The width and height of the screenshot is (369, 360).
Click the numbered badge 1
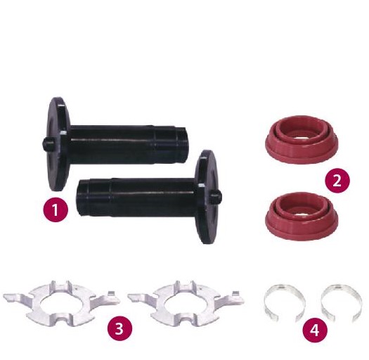click(56, 210)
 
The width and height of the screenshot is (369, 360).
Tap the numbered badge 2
click(337, 181)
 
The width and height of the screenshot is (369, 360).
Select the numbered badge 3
click(119, 328)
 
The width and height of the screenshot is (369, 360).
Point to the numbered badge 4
click(315, 330)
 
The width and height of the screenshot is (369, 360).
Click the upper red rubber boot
click(302, 139)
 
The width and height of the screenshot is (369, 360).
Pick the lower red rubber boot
click(302, 216)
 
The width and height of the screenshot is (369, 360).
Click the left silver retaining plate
click(62, 304)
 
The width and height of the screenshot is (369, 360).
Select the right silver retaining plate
click(186, 304)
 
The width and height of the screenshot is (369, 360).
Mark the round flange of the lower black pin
click(207, 197)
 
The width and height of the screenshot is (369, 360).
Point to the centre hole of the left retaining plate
click(62, 303)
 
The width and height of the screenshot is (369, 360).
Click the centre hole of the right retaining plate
click(186, 303)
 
